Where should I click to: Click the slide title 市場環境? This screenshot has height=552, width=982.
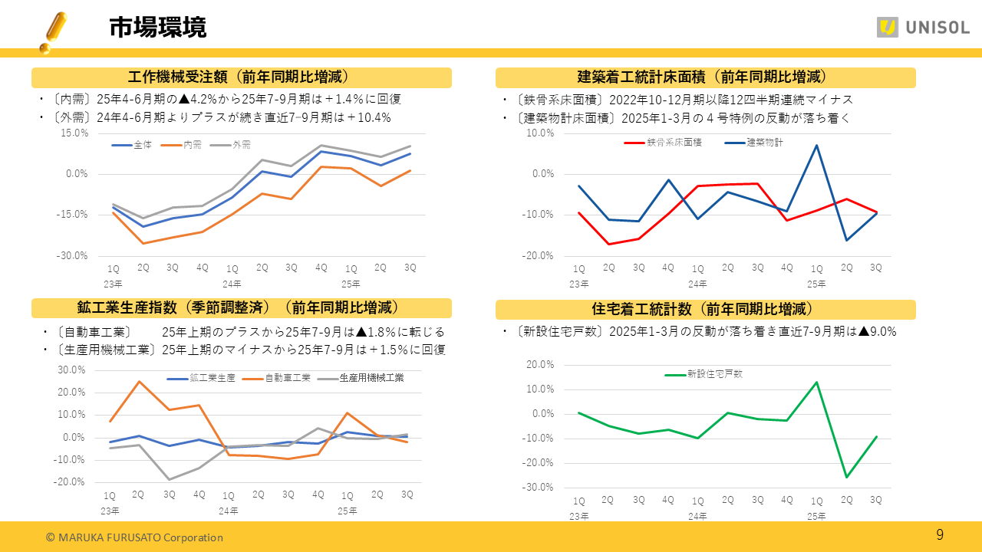157,28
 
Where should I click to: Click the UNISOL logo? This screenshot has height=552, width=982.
923,28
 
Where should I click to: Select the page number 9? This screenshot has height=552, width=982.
940,534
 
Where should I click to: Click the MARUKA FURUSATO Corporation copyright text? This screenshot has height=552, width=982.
134,537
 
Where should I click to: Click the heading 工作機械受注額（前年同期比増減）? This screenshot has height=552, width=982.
241,77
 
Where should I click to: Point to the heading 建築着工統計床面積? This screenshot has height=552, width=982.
705,77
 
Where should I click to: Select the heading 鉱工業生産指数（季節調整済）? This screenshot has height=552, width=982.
241,308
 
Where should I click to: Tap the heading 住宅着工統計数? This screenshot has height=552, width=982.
705,310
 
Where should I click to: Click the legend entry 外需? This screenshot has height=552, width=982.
241,145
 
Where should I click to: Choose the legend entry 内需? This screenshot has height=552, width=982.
192,145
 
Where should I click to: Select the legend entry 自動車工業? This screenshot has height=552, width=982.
287,378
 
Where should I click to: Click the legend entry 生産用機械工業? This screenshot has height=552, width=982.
371,378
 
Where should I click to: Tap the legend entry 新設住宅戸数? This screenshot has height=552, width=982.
713,375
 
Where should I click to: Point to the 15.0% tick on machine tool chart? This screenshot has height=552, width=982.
74,133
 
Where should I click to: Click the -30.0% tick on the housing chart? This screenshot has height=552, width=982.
538,488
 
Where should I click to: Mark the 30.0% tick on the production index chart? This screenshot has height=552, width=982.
71,370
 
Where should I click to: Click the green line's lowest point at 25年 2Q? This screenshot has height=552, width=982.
847,478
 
